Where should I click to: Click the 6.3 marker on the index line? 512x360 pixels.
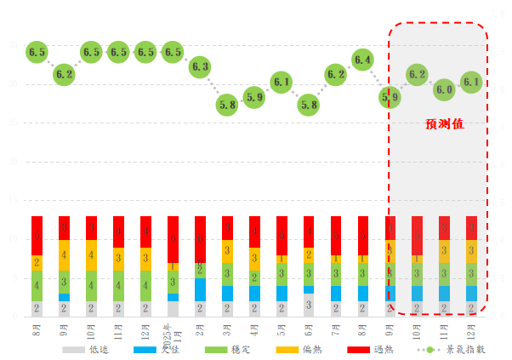(200, 66)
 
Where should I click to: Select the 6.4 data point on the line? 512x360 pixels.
(362, 60)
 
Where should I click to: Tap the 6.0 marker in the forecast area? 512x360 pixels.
(444, 89)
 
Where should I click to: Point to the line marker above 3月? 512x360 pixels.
(227, 106)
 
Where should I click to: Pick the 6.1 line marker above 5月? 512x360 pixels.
(282, 83)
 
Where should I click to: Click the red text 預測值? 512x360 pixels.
(445, 124)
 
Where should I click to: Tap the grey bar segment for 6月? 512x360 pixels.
(309, 305)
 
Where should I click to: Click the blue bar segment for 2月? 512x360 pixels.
(200, 290)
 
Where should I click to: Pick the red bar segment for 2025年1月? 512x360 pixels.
(173, 239)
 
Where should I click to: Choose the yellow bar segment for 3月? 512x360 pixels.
(227, 251)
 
